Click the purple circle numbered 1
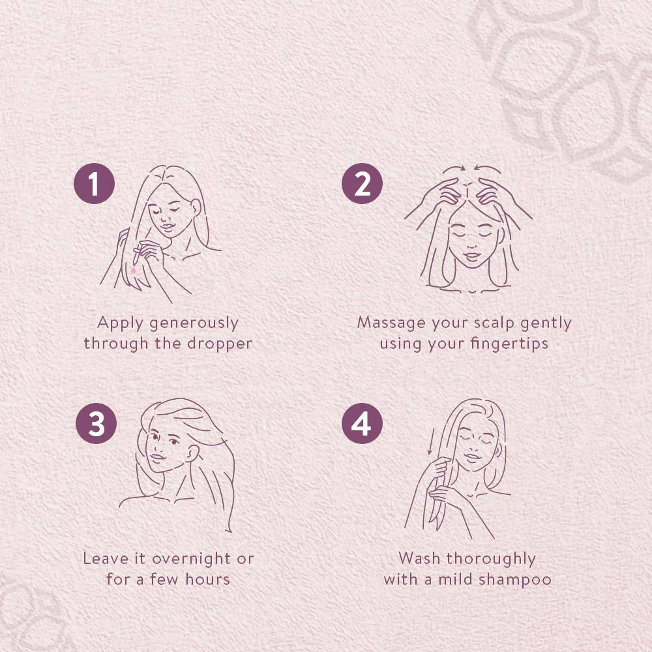click(x=94, y=183)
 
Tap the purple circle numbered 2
click(x=362, y=183)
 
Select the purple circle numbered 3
click(x=96, y=423)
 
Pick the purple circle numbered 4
click(x=362, y=423)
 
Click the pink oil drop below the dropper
click(x=133, y=271)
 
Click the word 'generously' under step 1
click(x=194, y=323)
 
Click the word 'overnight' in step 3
click(x=192, y=559)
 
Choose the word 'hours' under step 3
click(x=207, y=579)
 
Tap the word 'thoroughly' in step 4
click(x=491, y=559)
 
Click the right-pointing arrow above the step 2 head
click(x=454, y=168)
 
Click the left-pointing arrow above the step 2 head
click(x=488, y=168)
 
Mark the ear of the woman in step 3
click(x=192, y=453)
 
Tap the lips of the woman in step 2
click(x=472, y=256)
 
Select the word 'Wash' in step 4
click(x=419, y=559)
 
